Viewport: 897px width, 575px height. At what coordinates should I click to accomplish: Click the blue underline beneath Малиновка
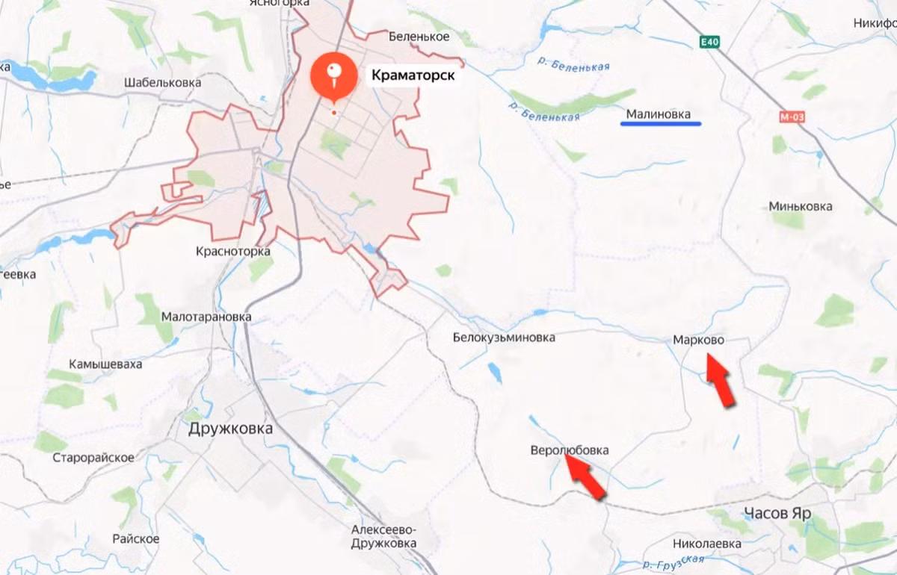(661, 124)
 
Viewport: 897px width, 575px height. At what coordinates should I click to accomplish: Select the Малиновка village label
(658, 114)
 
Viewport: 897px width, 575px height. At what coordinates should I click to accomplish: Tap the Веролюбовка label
(570, 450)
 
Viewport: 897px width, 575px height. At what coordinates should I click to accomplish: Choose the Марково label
(698, 340)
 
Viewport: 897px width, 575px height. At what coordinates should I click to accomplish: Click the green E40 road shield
(710, 43)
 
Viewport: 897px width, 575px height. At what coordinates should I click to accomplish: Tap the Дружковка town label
(230, 429)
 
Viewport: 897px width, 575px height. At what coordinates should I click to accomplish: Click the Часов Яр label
(777, 513)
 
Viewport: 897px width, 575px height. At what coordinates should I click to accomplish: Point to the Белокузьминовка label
(504, 338)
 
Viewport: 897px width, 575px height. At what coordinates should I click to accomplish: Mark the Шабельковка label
(163, 83)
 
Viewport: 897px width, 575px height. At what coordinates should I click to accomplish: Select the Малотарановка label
(206, 317)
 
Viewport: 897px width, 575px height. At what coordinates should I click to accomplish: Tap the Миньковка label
(801, 206)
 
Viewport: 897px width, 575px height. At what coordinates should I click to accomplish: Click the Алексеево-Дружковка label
(383, 537)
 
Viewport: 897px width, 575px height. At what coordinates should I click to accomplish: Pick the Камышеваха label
(105, 364)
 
